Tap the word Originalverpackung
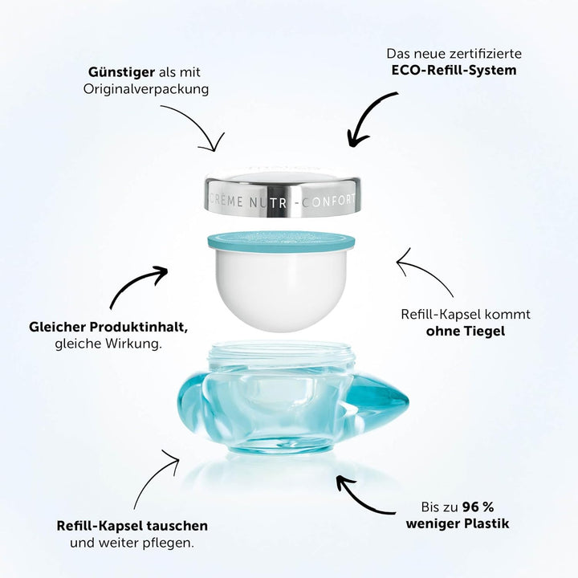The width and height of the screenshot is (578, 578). (146, 88)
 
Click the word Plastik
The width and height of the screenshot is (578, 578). (483, 524)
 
